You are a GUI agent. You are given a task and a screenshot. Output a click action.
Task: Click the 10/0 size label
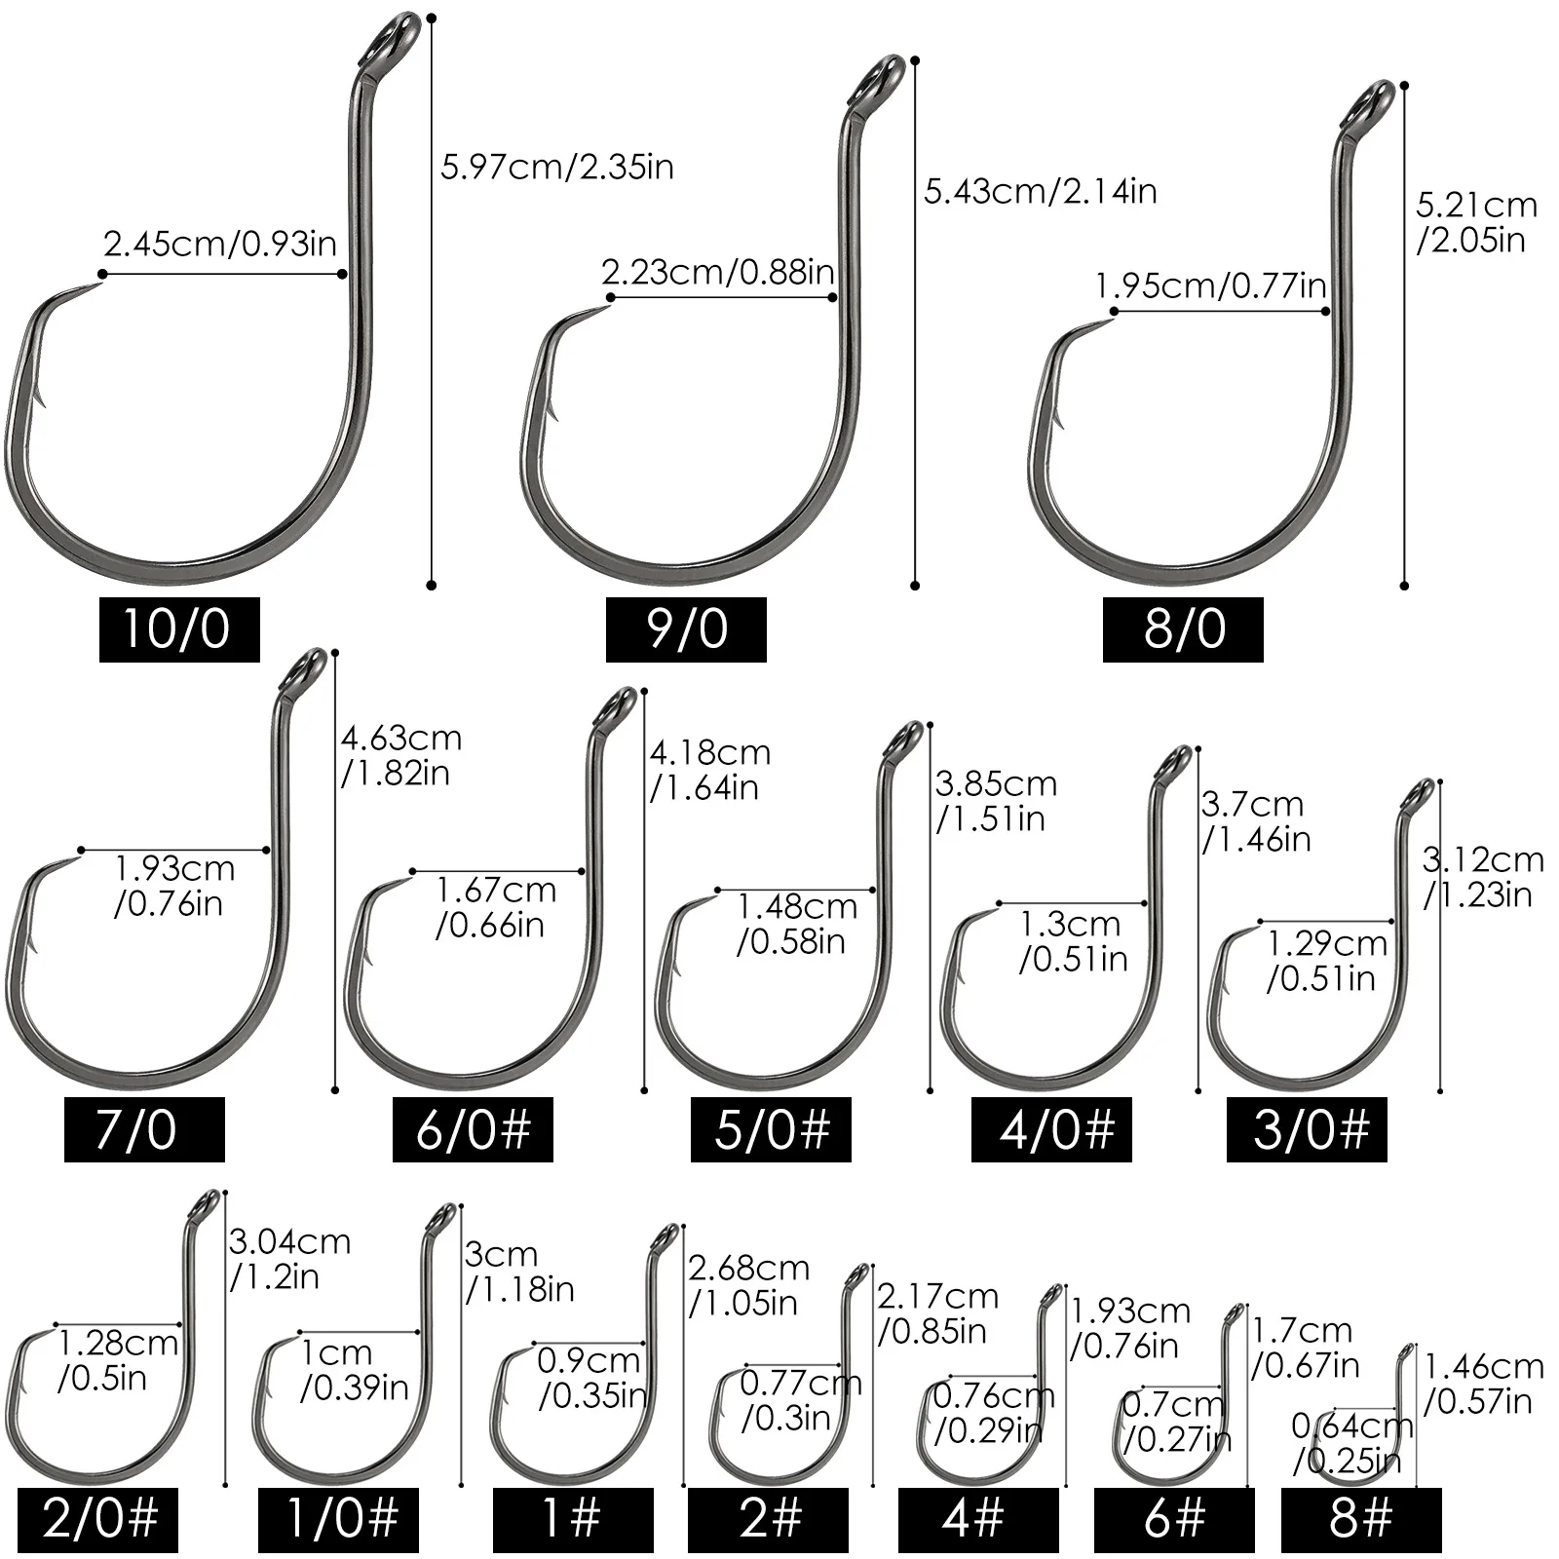(179, 629)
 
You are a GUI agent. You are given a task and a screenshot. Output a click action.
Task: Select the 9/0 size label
(686, 629)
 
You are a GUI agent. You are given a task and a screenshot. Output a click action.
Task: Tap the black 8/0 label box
(1183, 629)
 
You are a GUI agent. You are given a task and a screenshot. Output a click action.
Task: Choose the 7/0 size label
(144, 1129)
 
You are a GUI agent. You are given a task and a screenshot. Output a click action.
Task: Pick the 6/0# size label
(473, 1129)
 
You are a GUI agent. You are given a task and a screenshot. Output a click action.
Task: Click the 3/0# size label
(1307, 1129)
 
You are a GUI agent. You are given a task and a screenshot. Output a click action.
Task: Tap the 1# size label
(573, 1520)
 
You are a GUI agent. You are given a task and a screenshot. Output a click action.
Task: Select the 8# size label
(1361, 1520)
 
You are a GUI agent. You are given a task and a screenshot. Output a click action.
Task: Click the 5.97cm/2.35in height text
(557, 167)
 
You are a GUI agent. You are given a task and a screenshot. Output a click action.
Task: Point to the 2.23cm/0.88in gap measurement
(718, 272)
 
